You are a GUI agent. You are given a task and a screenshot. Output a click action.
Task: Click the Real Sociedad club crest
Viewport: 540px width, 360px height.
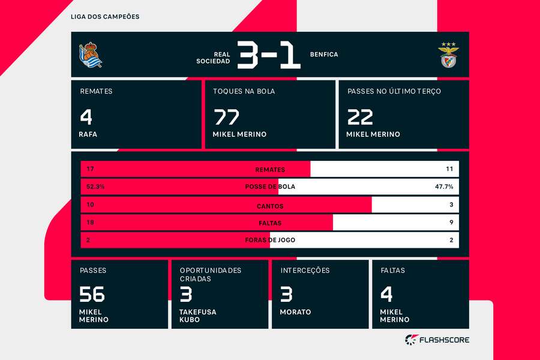(91, 55)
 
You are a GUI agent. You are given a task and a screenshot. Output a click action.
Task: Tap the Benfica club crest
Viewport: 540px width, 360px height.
(448, 55)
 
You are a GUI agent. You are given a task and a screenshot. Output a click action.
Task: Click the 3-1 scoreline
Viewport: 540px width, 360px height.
(268, 55)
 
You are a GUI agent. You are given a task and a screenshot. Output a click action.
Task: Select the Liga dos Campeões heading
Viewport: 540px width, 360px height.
(105, 17)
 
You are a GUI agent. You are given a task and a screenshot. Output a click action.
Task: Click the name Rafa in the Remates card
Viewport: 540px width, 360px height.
(88, 134)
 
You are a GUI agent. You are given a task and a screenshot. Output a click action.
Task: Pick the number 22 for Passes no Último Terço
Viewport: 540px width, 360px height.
(359, 116)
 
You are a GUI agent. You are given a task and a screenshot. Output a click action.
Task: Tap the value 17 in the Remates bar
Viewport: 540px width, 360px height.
(90, 169)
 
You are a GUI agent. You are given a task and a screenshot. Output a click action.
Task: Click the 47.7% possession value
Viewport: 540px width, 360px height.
(443, 187)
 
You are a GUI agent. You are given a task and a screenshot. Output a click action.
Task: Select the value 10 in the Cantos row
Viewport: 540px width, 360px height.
(90, 205)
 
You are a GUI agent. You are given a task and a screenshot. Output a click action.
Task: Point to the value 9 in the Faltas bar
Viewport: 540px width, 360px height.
(451, 223)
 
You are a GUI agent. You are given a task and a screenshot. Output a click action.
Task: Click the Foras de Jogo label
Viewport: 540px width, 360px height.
(270, 240)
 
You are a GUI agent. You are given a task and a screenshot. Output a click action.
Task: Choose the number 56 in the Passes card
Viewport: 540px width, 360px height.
(92, 294)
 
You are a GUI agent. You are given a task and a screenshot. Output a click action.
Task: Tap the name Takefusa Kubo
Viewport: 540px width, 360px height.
(198, 316)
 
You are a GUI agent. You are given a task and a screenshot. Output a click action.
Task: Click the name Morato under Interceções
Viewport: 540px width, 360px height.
(295, 312)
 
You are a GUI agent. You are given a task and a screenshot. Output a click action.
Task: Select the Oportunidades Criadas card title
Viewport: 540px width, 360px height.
(211, 274)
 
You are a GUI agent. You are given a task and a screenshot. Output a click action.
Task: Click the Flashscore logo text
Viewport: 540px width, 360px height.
(443, 340)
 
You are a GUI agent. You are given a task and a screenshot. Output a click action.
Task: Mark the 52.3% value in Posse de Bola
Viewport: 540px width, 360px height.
(95, 187)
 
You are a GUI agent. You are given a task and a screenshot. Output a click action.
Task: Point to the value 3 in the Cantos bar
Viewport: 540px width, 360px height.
(451, 205)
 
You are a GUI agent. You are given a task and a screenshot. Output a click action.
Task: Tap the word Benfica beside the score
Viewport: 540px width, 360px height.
(324, 55)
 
